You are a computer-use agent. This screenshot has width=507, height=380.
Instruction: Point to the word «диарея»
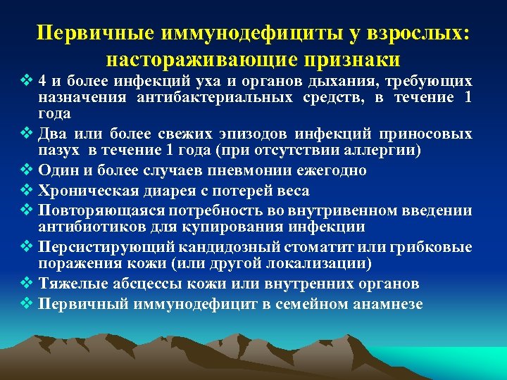tap(168, 191)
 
